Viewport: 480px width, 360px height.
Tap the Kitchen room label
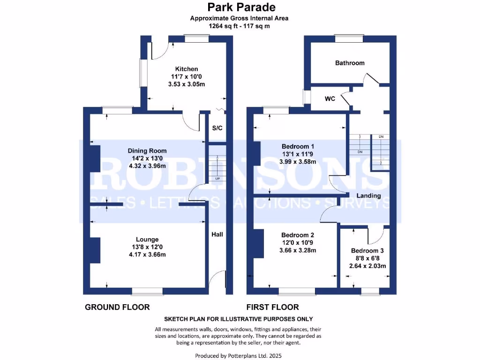[x=187, y=69]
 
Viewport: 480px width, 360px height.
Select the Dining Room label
[x=147, y=151]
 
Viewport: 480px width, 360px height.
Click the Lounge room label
[x=147, y=239]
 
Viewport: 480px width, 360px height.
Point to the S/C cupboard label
[x=217, y=128]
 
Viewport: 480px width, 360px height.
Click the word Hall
[x=217, y=234]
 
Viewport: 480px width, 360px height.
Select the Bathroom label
[x=350, y=63]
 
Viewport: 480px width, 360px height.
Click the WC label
[x=330, y=99]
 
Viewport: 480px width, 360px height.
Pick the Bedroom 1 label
[x=298, y=146]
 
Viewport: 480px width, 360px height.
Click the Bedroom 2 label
[x=298, y=235]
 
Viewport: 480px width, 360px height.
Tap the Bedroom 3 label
[x=367, y=251]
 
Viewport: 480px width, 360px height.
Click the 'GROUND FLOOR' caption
[x=117, y=307]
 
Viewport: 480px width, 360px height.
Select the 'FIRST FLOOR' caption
[x=273, y=307]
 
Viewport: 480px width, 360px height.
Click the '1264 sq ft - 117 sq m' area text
[x=239, y=26]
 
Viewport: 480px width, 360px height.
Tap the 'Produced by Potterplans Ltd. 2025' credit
[x=239, y=356]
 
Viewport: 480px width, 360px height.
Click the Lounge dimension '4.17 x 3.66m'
[x=147, y=255]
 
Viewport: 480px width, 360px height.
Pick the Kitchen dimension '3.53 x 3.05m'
[x=187, y=84]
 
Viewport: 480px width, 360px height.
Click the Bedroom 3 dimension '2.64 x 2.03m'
[x=367, y=266]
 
